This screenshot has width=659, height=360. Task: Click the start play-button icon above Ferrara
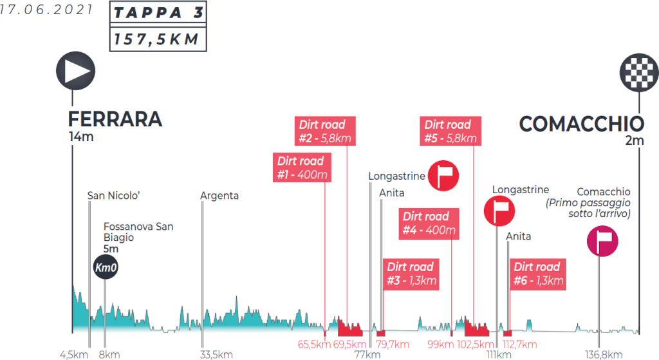76,70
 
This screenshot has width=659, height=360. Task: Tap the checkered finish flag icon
639,70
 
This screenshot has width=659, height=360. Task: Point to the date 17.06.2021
46,11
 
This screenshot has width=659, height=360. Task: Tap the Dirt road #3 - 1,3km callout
411,273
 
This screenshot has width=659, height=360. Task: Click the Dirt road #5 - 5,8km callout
449,131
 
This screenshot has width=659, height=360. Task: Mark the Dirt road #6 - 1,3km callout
537,273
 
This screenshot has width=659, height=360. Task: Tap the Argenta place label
219,196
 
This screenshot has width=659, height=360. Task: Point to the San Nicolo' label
114,196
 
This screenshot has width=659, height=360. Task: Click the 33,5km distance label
216,354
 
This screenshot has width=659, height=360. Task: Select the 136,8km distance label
603,354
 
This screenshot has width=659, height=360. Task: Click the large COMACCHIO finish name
581,123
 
